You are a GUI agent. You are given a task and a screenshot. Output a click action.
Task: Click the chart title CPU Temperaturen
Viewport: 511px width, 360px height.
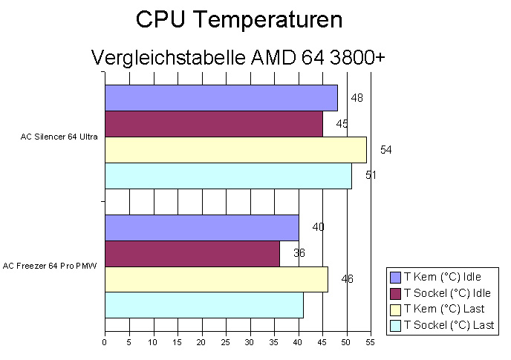tap(238, 20)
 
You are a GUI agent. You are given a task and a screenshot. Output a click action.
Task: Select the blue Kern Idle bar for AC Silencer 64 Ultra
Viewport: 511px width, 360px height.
tap(221, 98)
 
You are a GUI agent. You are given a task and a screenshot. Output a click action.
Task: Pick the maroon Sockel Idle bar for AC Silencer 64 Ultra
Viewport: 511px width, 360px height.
tap(213, 124)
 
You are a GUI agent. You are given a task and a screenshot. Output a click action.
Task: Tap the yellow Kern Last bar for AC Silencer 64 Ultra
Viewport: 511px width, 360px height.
tap(235, 149)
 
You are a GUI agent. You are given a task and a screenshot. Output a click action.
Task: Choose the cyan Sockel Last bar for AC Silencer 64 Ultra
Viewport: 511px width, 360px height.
tap(228, 175)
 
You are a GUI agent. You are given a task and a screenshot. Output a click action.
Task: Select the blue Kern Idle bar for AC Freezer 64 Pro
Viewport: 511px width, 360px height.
tap(201, 227)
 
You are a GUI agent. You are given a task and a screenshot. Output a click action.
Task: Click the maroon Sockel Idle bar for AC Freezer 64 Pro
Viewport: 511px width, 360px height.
tap(192, 253)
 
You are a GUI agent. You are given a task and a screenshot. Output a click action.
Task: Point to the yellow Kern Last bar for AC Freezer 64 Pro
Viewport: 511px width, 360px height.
tap(216, 279)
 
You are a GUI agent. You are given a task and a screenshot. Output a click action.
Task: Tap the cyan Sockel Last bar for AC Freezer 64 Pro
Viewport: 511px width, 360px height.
tap(204, 305)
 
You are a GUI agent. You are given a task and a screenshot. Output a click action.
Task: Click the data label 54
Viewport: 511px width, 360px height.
tap(385, 150)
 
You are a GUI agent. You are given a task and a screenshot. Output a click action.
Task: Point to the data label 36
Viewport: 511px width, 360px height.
tap(299, 253)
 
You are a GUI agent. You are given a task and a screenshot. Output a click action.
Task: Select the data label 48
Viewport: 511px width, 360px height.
tap(357, 98)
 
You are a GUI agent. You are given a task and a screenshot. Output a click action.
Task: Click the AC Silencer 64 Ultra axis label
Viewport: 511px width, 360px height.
tap(59, 137)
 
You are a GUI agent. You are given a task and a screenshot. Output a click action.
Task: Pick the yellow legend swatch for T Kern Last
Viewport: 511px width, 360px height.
tap(396, 310)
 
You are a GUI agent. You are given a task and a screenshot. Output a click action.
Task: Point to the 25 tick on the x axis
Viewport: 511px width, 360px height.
tap(225, 342)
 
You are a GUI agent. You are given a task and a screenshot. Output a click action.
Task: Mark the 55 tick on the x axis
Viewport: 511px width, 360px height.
tap(370, 342)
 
